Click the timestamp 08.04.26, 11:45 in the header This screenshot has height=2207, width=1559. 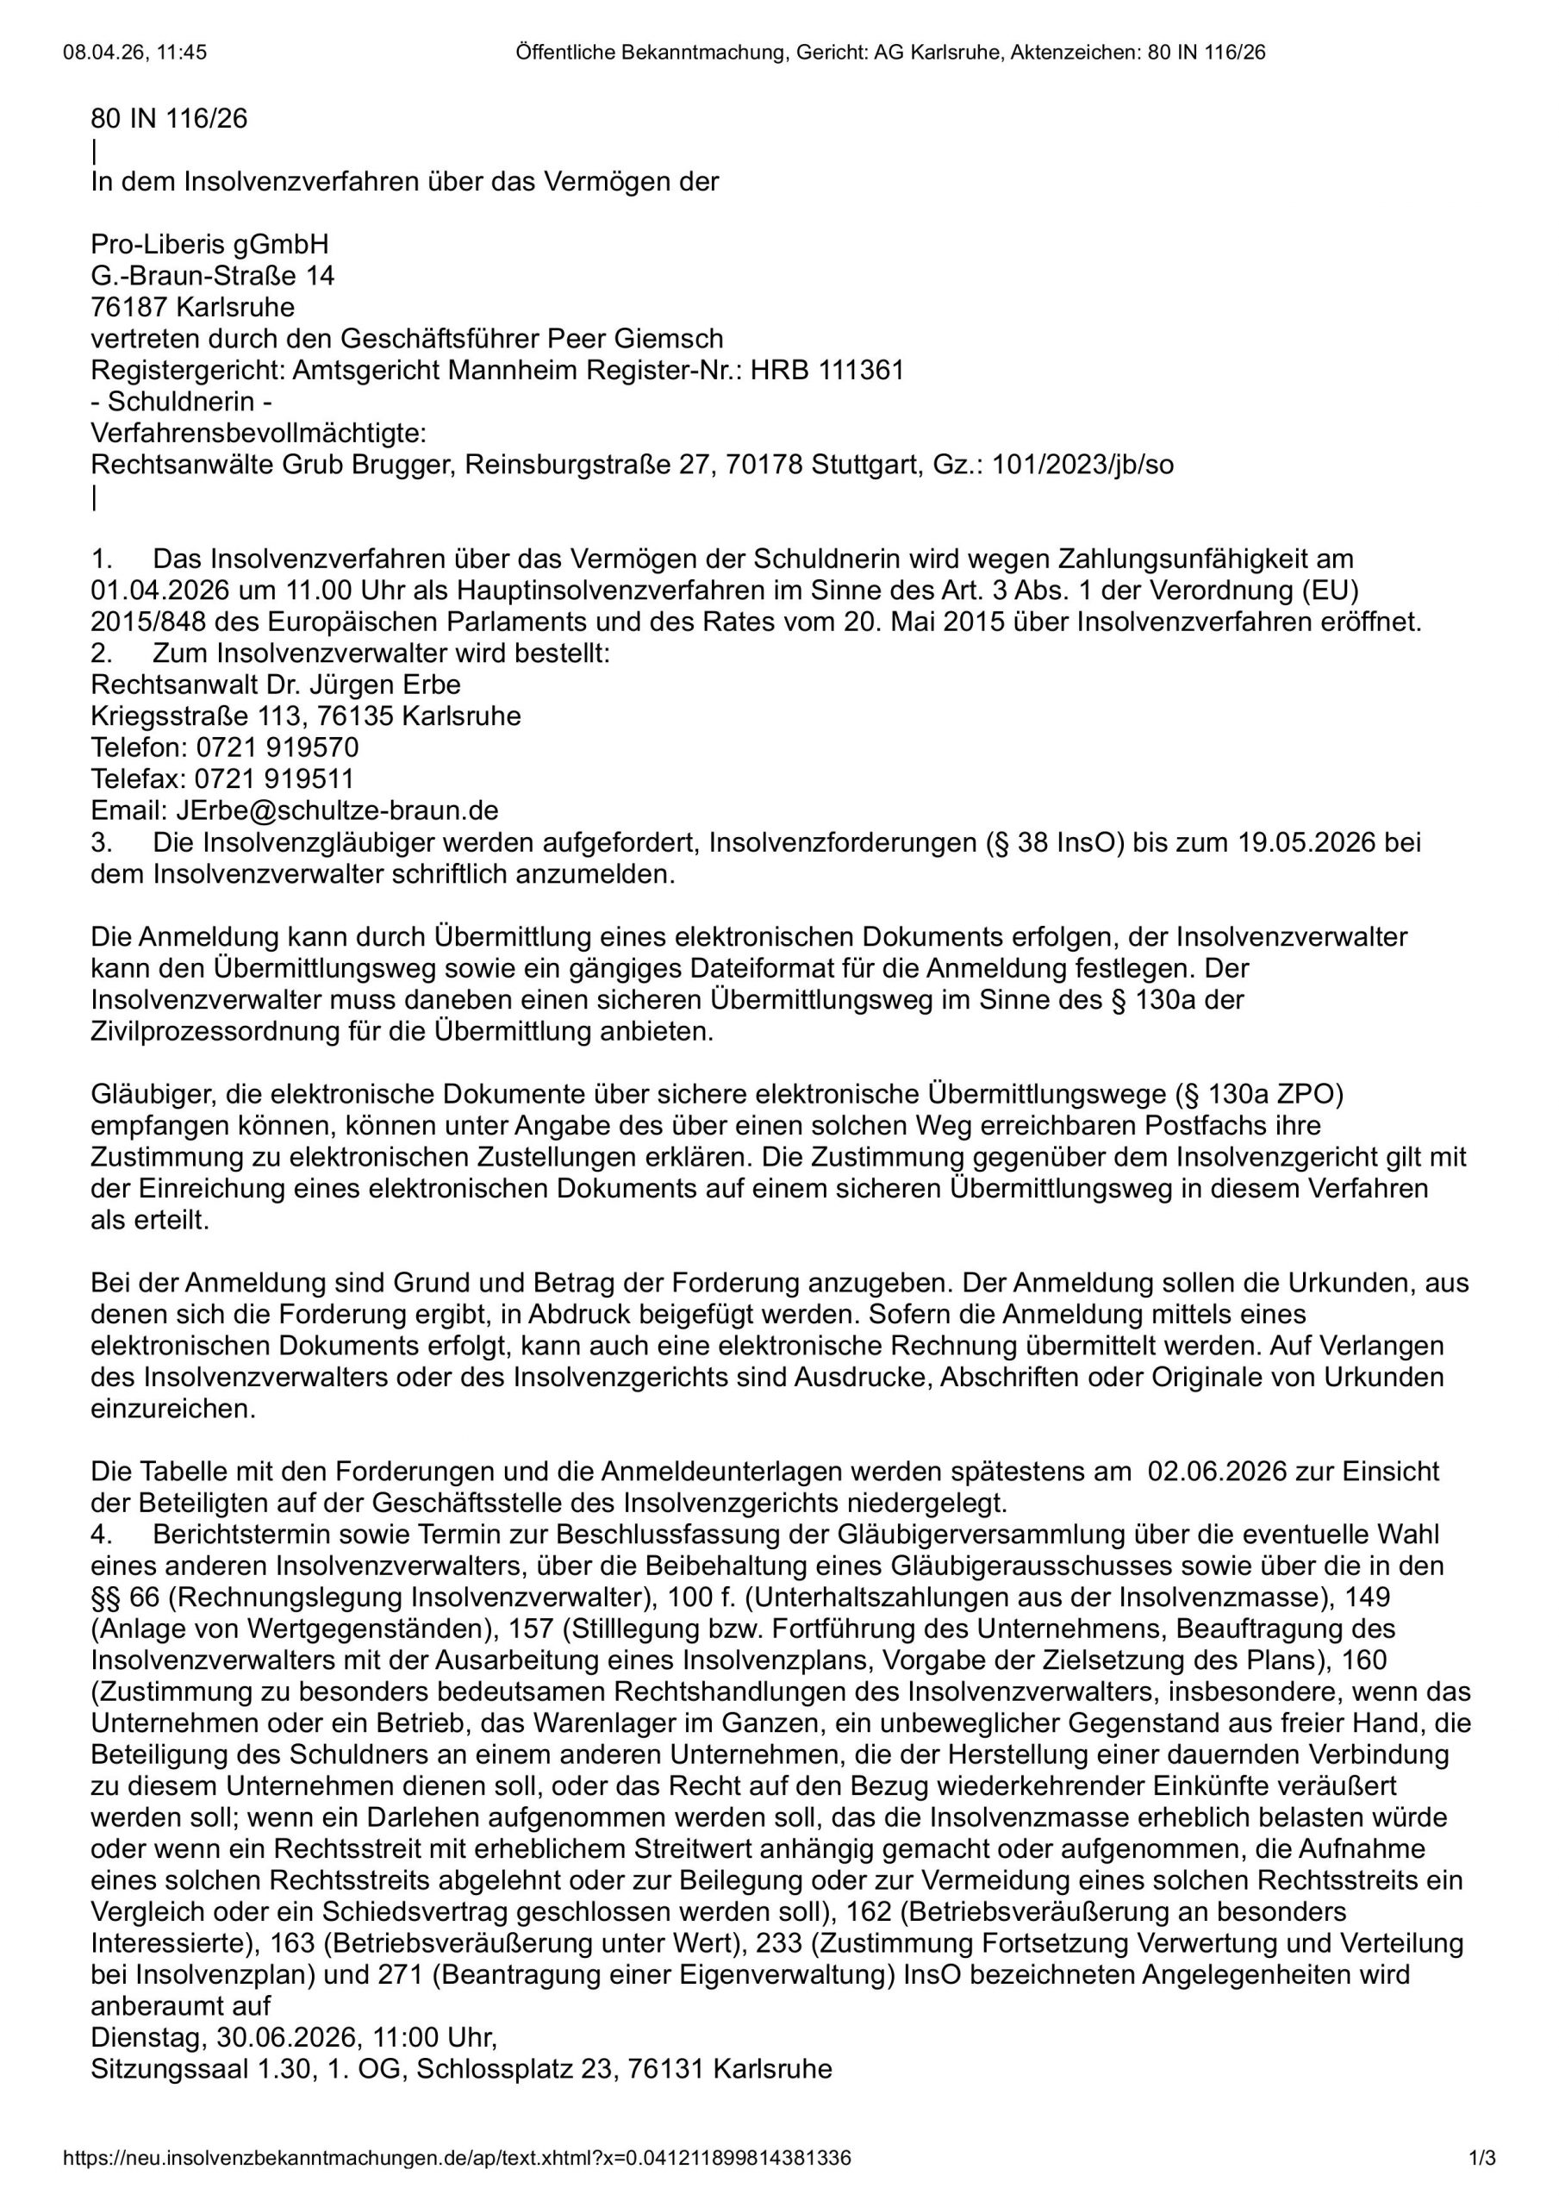134,53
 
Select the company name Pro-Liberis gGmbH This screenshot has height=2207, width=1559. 209,245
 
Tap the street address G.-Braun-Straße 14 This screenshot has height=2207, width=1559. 212,277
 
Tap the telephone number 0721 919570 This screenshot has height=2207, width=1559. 278,747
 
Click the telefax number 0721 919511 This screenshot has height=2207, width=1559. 275,779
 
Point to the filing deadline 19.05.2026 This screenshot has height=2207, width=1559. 1312,843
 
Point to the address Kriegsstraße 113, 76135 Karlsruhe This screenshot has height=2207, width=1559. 306,717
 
